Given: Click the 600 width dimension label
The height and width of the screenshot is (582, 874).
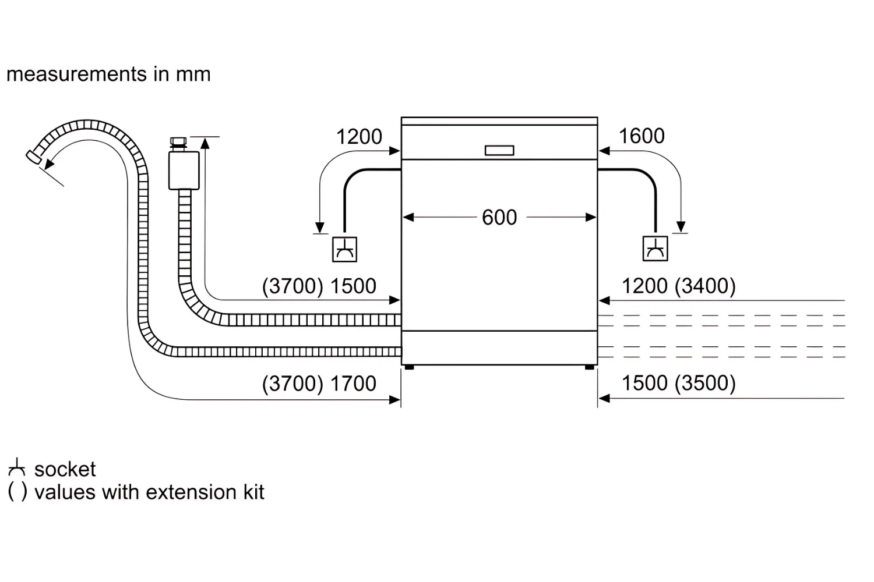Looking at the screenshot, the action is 499,218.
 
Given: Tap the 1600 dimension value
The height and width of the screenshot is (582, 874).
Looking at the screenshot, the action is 642,136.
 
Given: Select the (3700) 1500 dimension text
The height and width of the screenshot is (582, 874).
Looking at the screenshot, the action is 319,286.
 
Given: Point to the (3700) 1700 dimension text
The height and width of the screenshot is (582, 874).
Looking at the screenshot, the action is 319,384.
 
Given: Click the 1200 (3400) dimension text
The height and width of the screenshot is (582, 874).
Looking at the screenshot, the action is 679,286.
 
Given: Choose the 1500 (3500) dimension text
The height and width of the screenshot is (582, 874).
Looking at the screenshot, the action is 679,383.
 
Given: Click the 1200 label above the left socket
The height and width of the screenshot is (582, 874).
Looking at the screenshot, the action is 359,137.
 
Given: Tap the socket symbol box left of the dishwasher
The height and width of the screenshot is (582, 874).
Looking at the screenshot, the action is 344,250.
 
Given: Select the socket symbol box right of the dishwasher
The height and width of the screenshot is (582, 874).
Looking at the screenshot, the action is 655,249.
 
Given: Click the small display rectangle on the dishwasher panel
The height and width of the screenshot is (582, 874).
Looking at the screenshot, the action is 499,151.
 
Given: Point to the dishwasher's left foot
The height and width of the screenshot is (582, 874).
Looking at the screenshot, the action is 409,367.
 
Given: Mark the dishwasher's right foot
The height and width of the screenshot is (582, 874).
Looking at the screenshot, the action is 590,367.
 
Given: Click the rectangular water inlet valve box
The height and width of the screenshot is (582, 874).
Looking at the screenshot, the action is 184,171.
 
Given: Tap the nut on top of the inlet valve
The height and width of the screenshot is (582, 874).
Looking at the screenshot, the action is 179,141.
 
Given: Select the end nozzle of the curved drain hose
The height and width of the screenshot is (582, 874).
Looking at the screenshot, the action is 34,157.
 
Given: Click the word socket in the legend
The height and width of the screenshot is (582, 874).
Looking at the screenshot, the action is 65,469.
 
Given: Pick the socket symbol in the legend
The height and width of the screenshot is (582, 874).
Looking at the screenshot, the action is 17,467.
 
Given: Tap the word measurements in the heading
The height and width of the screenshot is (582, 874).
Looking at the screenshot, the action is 76,74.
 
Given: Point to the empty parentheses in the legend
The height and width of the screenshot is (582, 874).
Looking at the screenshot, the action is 17,492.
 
